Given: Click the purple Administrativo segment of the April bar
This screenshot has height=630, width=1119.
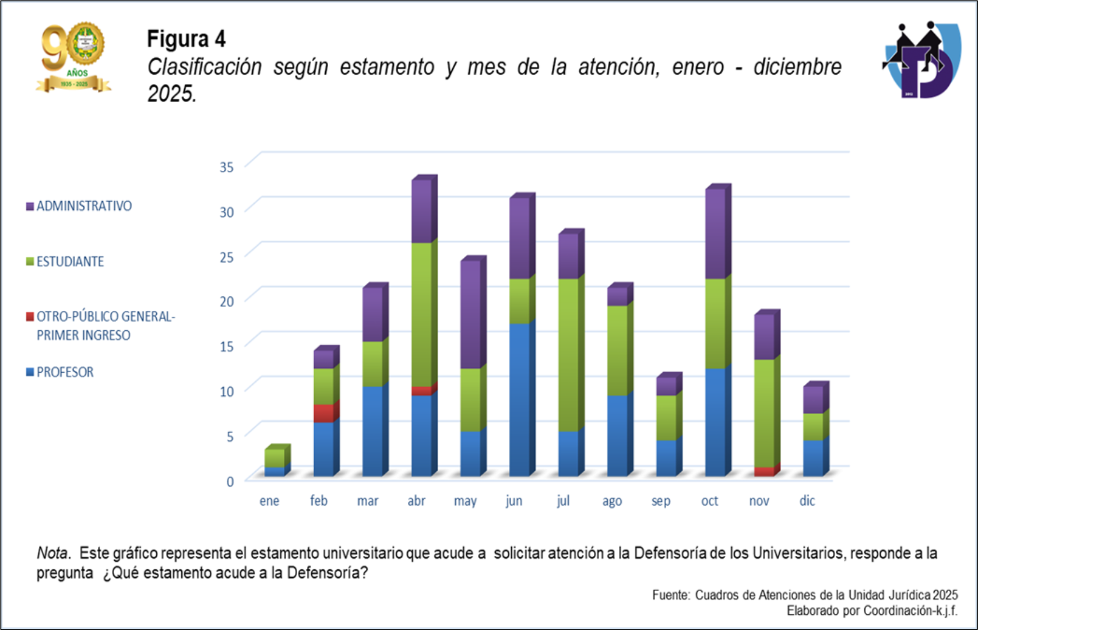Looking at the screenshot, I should click(x=421, y=211).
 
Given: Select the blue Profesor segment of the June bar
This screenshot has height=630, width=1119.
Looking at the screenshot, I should click(x=519, y=400).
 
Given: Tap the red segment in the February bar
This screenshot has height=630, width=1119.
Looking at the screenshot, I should click(x=323, y=413).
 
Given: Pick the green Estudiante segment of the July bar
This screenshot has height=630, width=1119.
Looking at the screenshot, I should click(x=568, y=355).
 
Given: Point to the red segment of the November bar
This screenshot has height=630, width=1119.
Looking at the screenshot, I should click(x=764, y=471).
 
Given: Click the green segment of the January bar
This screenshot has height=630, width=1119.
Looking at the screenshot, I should click(x=275, y=458).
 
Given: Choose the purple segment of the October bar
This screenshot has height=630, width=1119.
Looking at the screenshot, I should click(x=715, y=233).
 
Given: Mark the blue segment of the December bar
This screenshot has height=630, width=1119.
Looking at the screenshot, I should click(x=813, y=458).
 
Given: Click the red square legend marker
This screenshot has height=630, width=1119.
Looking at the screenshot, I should click(x=30, y=317).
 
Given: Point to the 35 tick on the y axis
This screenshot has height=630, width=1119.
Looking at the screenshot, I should click(x=227, y=167).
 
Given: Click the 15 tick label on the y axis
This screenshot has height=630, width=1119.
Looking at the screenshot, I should click(x=227, y=346).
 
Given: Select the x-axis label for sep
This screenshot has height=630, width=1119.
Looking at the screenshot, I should click(x=661, y=501).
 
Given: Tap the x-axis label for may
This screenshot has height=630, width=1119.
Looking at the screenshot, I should click(x=465, y=501).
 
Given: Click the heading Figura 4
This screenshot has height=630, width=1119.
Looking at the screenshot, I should click(x=186, y=39).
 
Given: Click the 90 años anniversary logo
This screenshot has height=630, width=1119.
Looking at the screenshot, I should click(x=73, y=57).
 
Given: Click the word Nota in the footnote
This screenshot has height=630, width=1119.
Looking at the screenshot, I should click(x=53, y=553).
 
